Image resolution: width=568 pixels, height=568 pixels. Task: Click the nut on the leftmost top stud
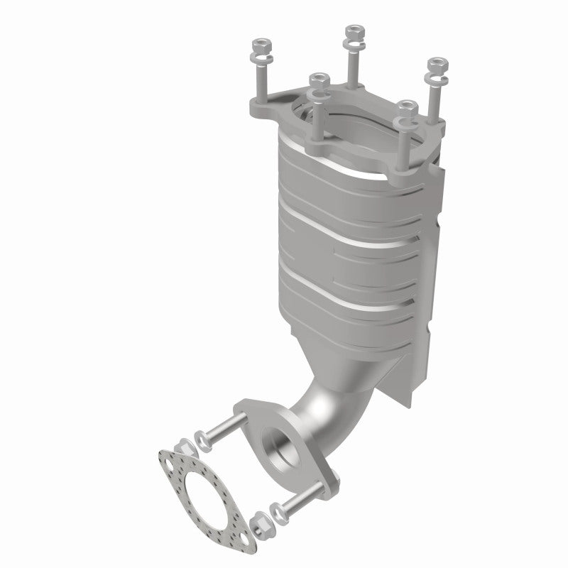[257, 50]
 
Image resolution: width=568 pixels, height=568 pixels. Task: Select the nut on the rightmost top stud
[435, 65]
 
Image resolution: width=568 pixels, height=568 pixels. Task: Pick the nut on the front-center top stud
[317, 79]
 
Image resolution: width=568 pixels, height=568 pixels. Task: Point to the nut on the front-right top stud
[406, 106]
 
